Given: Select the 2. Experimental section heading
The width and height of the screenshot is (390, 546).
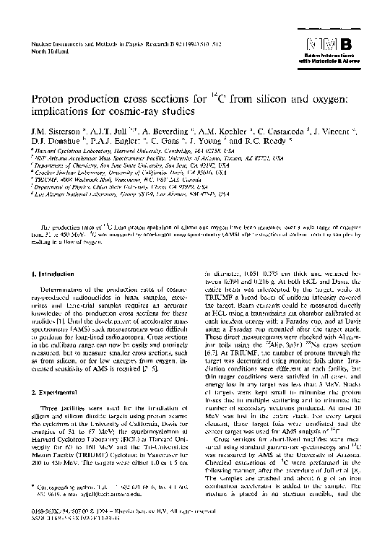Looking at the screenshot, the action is (61, 391).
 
